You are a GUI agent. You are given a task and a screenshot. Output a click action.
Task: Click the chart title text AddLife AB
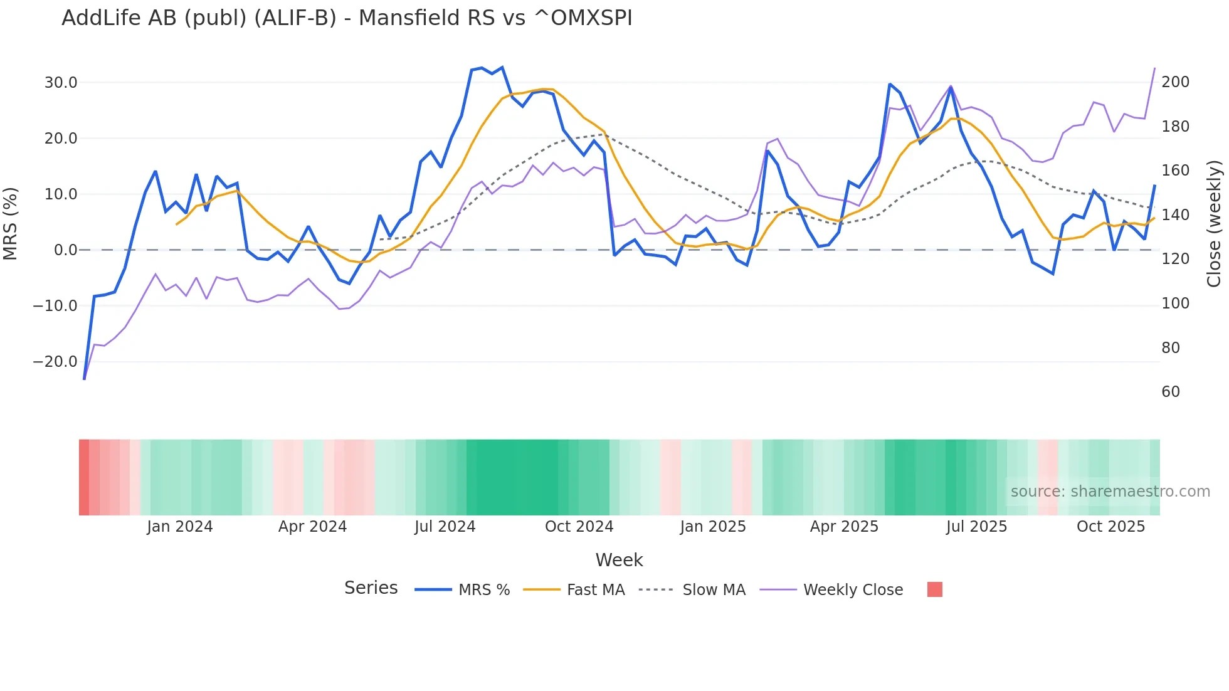[346, 18]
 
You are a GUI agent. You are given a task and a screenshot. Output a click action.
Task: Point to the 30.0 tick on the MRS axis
[61, 83]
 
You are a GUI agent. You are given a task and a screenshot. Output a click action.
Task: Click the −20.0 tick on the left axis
[55, 362]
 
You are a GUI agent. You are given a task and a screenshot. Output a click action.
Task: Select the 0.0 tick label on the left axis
[65, 250]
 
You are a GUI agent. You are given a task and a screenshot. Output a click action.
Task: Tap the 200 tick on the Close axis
[1175, 82]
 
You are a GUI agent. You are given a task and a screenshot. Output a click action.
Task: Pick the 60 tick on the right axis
[1171, 392]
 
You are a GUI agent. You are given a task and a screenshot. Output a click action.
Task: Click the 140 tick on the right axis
[1175, 215]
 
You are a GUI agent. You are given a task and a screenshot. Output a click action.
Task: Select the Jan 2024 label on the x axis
[180, 527]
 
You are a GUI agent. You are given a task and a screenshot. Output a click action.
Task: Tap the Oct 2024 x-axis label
[579, 527]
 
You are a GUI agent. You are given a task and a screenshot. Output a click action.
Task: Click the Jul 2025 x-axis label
[976, 527]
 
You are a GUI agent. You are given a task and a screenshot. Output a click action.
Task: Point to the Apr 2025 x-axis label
[844, 527]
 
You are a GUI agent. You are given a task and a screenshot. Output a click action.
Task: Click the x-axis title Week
[619, 560]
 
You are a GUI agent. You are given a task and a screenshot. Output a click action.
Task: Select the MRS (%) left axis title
[11, 223]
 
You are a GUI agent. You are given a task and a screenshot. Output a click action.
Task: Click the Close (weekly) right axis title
[1215, 223]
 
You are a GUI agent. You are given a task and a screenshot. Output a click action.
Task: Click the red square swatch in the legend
[934, 589]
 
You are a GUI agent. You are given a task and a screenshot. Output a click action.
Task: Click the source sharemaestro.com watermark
[1110, 492]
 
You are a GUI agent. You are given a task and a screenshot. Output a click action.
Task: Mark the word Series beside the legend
[371, 588]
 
